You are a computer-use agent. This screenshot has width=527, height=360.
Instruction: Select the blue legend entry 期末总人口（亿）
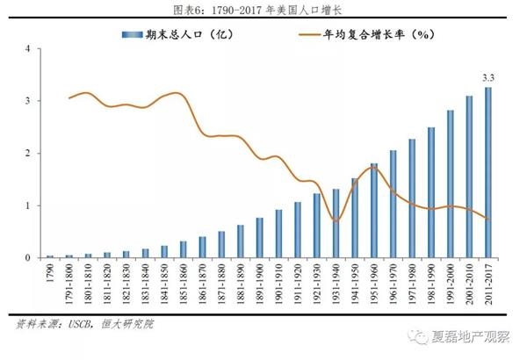pyautogui.click(x=181, y=34)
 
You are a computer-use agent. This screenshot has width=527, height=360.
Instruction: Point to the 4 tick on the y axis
pyautogui.click(x=28, y=48)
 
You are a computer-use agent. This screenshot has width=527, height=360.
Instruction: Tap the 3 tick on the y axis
pyautogui.click(x=28, y=101)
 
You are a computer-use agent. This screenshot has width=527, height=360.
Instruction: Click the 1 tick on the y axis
pyautogui.click(x=28, y=205)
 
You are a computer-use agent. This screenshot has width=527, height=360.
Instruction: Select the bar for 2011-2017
pyautogui.click(x=487, y=173)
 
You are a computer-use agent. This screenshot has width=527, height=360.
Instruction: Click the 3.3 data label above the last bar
pyautogui.click(x=488, y=76)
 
